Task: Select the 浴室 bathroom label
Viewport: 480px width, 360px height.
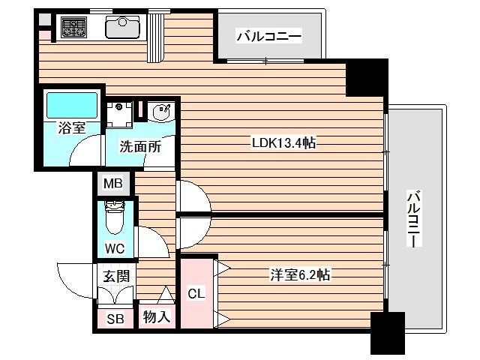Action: tap(72, 127)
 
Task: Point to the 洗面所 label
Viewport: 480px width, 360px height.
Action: tap(140, 147)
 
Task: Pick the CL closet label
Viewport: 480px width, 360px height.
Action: tap(195, 293)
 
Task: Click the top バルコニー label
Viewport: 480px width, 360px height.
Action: tap(268, 35)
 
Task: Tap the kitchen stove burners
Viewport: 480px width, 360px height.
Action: tap(73, 28)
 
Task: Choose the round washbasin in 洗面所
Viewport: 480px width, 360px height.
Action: tap(160, 113)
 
